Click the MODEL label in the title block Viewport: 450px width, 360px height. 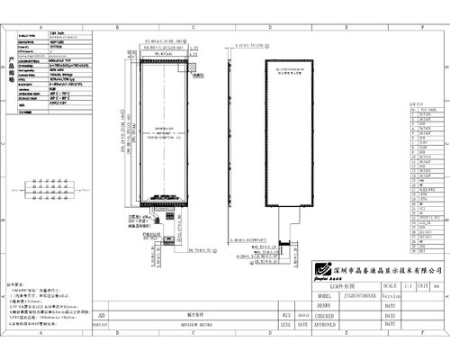point(325,294)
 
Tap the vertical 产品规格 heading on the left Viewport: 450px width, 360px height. point(8,67)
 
